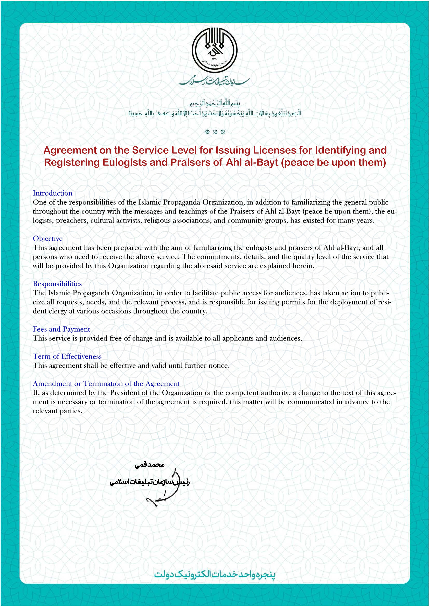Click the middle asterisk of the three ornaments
(215, 132)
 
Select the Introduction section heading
(53, 193)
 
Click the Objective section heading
(48, 239)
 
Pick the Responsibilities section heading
(57, 284)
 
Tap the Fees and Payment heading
(61, 329)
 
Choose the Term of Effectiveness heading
(67, 357)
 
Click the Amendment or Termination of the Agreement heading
(106, 384)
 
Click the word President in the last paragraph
(125, 393)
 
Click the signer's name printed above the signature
(149, 465)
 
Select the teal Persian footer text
(214, 574)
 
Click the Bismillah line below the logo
(214, 103)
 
